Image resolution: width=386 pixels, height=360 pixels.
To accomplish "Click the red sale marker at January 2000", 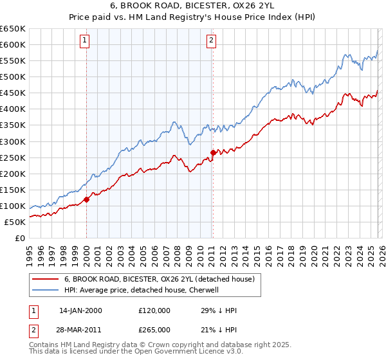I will pyautogui.click(x=87, y=199).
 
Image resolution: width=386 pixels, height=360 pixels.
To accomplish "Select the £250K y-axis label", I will pyautogui.click(x=13, y=157).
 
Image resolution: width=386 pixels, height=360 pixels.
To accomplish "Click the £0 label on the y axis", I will pyautogui.click(x=19, y=238).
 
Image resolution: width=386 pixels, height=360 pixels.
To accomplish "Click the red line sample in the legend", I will pyautogui.click(x=45, y=279).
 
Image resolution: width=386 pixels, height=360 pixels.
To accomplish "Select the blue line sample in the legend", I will pyautogui.click(x=45, y=290).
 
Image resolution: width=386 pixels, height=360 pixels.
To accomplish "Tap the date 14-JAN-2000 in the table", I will pyautogui.click(x=80, y=310).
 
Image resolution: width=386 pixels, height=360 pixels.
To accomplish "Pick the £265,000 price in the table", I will pyautogui.click(x=154, y=328).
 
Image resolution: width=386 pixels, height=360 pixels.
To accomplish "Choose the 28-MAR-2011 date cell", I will pyautogui.click(x=80, y=328).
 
